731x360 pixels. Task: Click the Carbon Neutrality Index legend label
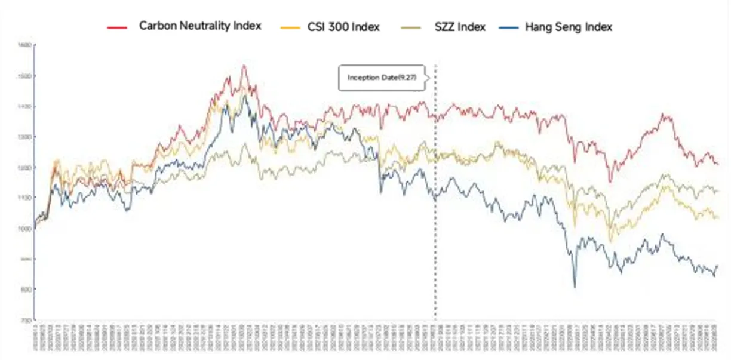[200, 27]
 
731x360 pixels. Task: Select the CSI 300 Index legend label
[343, 27]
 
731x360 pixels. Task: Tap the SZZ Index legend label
[460, 27]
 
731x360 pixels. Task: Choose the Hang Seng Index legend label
[568, 27]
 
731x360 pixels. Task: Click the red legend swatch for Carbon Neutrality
[117, 27]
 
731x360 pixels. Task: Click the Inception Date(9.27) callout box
[382, 78]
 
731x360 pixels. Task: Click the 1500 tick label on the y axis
[24, 76]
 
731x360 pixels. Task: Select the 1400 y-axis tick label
[24, 106]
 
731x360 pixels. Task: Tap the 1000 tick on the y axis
[24, 229]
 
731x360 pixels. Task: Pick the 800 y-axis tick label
[24, 290]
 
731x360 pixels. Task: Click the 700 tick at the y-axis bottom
[24, 321]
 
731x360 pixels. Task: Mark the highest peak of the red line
[244, 66]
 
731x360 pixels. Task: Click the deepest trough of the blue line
[575, 288]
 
